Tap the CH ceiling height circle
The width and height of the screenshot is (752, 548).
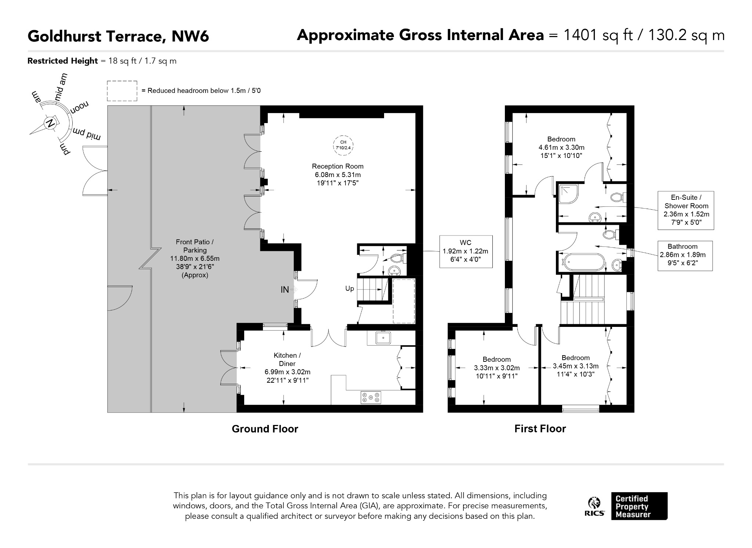(343, 145)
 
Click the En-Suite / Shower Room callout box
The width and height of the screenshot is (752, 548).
(686, 210)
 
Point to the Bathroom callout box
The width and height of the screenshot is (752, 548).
(685, 256)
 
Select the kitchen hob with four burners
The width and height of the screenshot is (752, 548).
(370, 397)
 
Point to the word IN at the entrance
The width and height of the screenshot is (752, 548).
(285, 290)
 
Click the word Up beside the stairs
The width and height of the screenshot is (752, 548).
(350, 289)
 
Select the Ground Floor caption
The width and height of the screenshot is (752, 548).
(265, 429)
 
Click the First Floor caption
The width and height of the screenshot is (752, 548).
(540, 429)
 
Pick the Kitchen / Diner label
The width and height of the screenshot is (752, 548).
(287, 368)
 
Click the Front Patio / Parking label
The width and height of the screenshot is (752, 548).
(195, 258)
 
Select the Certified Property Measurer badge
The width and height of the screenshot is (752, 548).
(639, 506)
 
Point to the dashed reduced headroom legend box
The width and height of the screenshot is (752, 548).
(122, 91)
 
